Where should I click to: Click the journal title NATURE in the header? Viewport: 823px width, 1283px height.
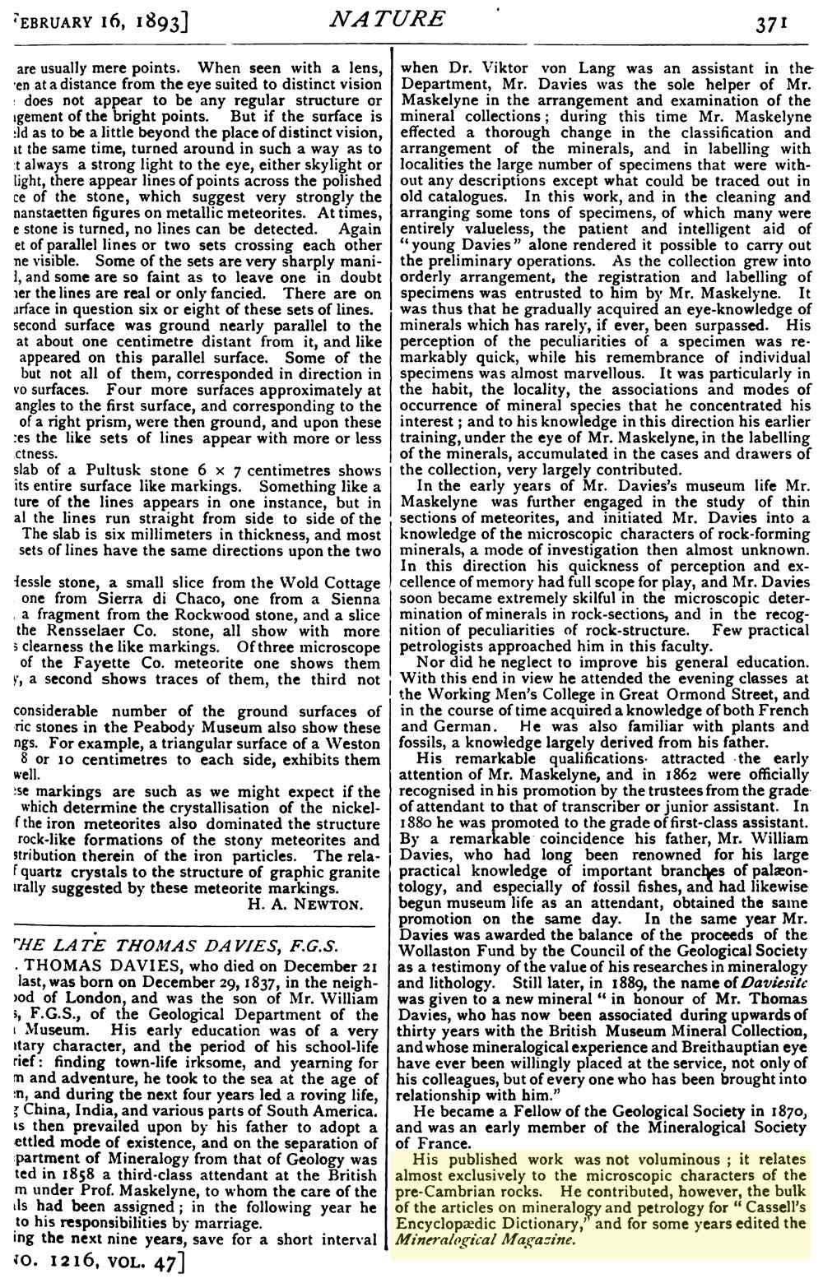387,18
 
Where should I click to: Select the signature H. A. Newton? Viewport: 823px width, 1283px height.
305,905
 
